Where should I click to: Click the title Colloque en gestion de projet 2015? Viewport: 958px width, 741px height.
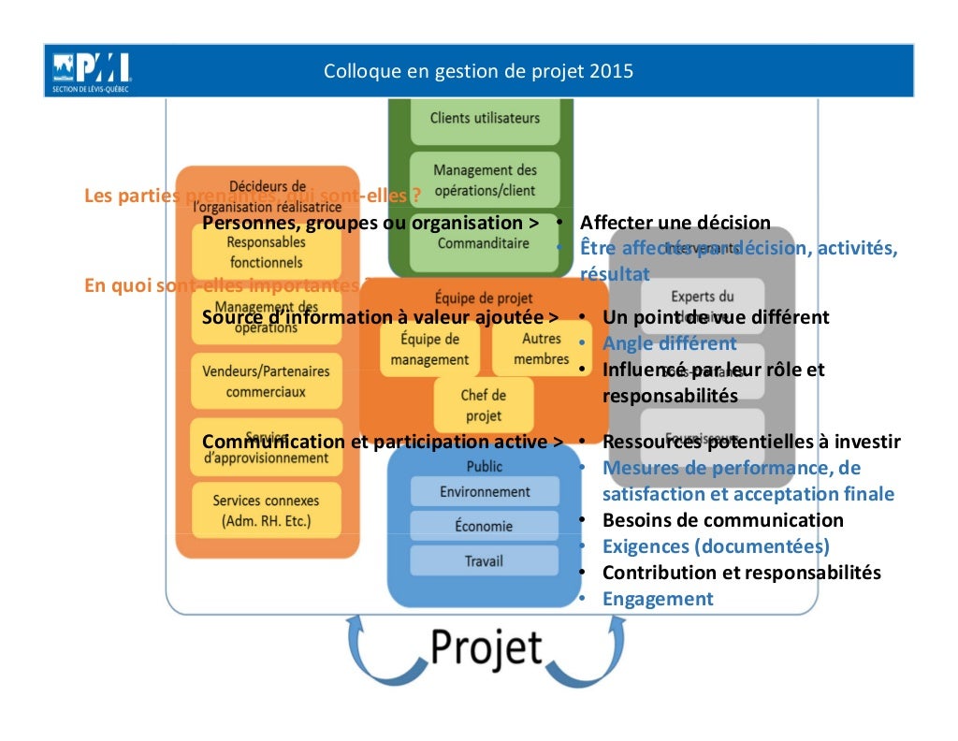point(478,71)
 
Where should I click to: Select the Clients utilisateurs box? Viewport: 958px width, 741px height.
point(485,119)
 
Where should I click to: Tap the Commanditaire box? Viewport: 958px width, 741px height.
point(483,244)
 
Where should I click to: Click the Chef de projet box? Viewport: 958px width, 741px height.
point(483,405)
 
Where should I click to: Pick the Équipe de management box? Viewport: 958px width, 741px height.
point(429,349)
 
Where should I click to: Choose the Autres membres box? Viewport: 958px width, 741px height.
point(541,349)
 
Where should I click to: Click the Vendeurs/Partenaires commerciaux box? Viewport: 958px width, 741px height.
point(266,381)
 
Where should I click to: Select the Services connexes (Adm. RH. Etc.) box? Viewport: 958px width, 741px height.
point(266,510)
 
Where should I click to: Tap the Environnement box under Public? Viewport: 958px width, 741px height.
point(485,491)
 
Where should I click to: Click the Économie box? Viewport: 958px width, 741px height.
point(485,526)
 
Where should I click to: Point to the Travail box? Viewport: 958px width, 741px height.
point(485,560)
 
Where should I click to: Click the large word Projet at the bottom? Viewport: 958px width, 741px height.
point(486,647)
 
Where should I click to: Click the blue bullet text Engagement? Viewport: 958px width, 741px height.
point(658,599)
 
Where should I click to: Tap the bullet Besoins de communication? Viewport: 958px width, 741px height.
point(722,520)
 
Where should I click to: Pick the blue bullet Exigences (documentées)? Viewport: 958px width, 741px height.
point(716,546)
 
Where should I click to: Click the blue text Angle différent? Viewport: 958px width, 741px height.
point(669,343)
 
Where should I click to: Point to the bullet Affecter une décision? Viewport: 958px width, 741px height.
point(675,223)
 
